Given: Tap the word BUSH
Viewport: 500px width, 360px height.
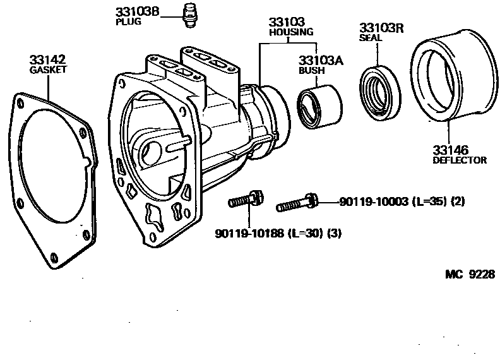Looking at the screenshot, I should point(311,71).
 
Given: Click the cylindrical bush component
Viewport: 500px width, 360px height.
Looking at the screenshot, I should point(319,107).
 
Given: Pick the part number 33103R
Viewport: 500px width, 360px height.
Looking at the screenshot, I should point(381,28).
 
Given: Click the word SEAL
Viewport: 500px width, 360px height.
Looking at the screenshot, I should point(371,38).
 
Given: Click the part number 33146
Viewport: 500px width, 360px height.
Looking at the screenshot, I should point(450,150).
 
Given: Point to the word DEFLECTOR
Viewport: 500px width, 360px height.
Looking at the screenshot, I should point(460,160).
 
